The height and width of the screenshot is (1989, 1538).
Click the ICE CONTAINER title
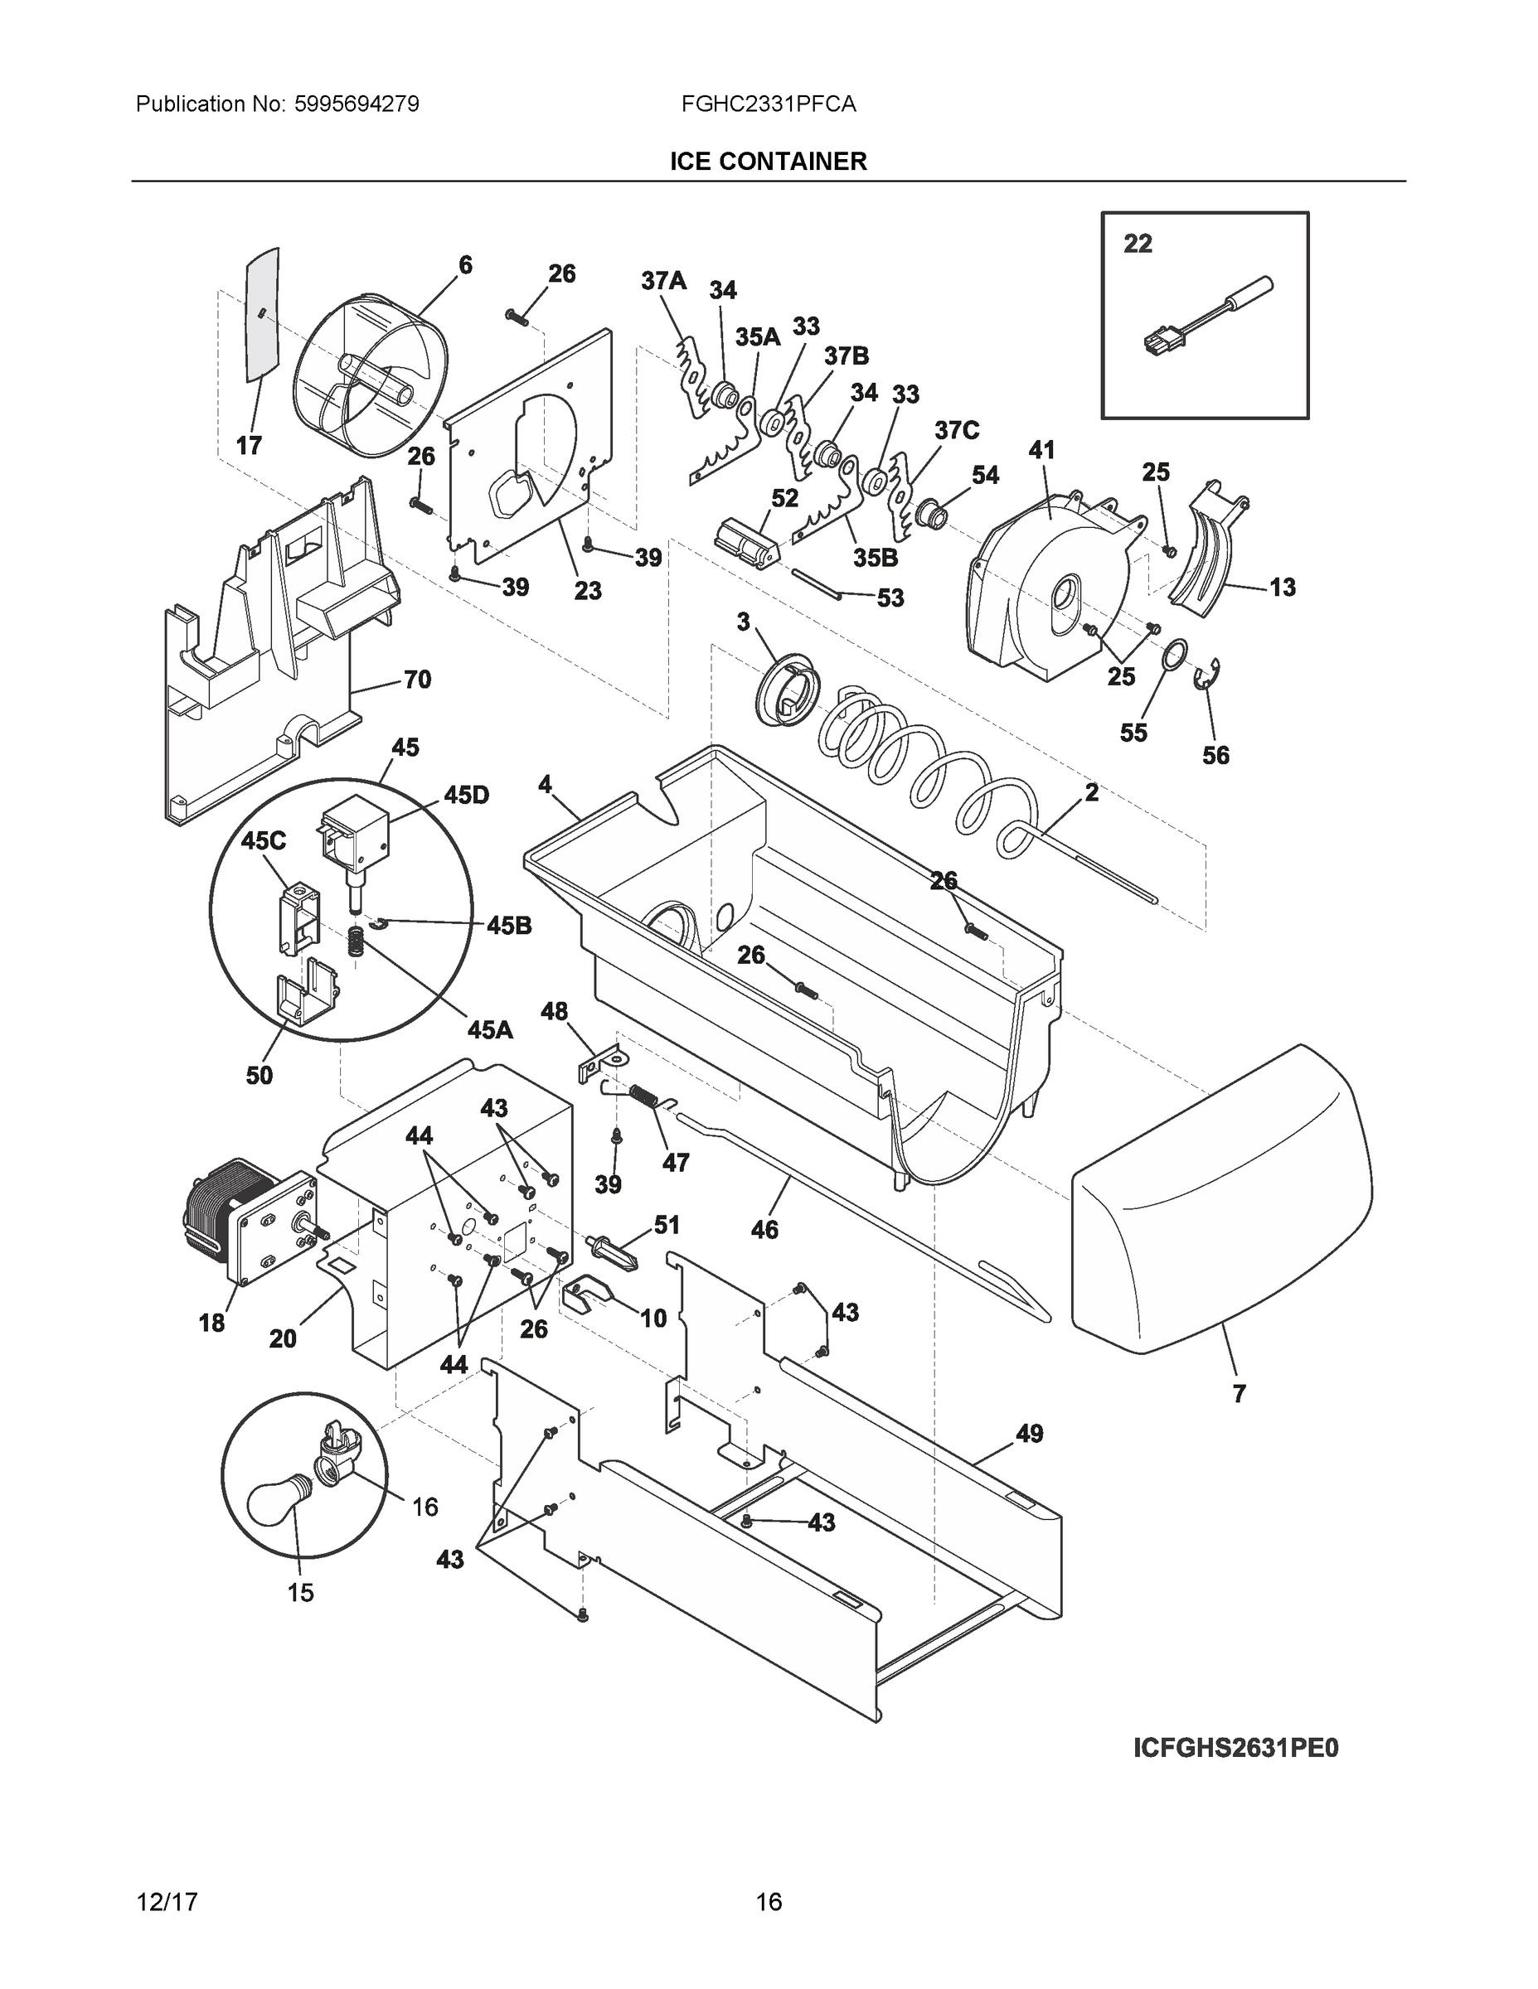(x=768, y=162)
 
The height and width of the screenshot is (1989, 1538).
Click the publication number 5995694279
(x=357, y=104)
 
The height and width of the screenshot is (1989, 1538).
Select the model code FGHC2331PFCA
(x=768, y=104)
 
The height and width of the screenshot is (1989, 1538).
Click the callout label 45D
(x=466, y=795)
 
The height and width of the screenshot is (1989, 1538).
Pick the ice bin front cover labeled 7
(x=1221, y=1203)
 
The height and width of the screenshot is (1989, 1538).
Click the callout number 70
(x=416, y=680)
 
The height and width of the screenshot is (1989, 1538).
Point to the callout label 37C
(x=956, y=430)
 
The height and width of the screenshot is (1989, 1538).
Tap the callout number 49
(x=1029, y=1433)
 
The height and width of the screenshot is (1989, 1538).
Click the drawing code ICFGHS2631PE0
(x=1235, y=1748)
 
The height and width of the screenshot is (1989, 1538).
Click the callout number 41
(x=1041, y=450)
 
